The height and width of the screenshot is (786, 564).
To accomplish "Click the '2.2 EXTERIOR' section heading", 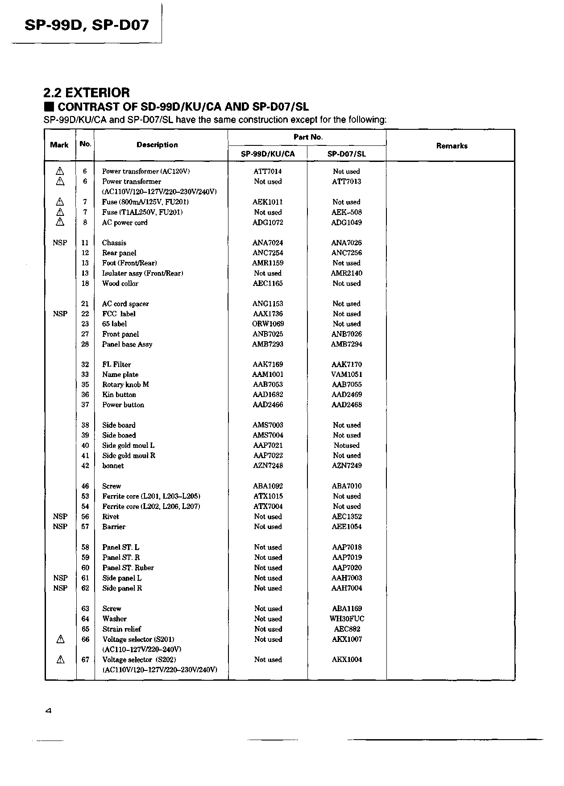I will (x=87, y=93).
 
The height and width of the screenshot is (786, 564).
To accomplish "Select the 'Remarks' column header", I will (x=452, y=146).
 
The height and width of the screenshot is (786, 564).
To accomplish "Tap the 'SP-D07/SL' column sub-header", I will (x=346, y=154).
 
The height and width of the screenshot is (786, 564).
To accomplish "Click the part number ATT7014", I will (x=267, y=171).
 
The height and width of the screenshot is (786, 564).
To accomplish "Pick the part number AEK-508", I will (x=346, y=212).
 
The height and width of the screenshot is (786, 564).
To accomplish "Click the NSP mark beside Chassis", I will (x=60, y=243).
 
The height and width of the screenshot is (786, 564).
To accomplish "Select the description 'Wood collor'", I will (x=120, y=283).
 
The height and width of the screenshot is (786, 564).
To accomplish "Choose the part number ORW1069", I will (x=268, y=324).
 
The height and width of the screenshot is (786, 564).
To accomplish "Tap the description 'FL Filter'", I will (x=116, y=364).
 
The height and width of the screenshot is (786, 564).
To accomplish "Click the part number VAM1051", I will (x=346, y=375).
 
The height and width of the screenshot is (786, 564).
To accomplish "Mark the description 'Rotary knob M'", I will (x=125, y=385).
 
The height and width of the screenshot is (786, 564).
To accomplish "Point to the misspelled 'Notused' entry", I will (x=346, y=445).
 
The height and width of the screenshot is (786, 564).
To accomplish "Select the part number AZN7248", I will (x=268, y=466).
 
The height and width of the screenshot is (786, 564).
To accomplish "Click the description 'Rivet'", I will (x=111, y=517).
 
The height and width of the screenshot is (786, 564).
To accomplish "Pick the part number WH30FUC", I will (x=347, y=619).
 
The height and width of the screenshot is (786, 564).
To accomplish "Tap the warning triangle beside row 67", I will (x=60, y=660).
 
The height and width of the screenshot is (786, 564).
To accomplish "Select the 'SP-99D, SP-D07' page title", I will (x=87, y=25).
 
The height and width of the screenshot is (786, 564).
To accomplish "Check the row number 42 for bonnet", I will (x=85, y=466).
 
